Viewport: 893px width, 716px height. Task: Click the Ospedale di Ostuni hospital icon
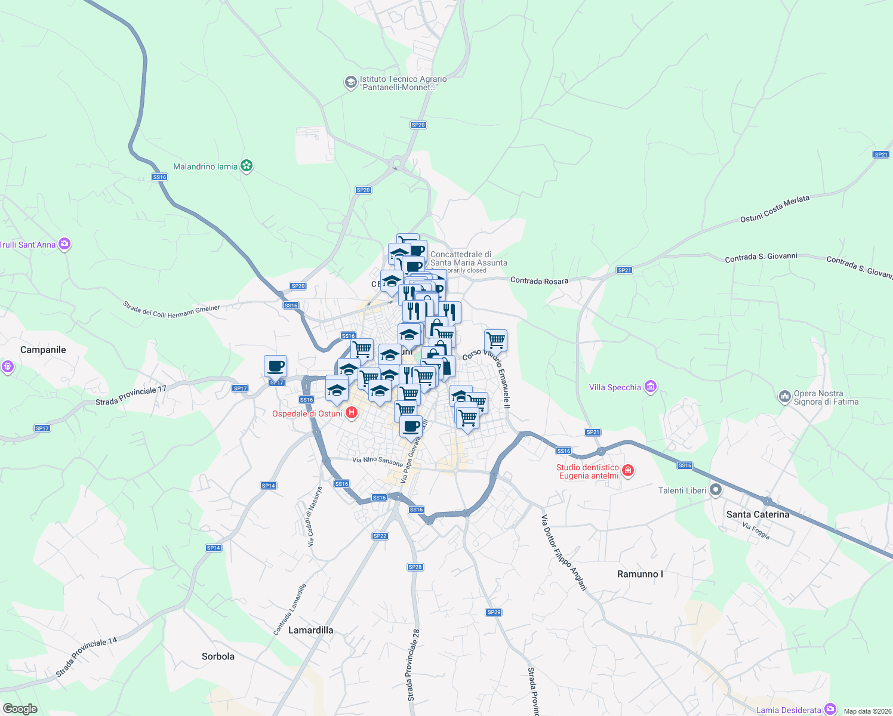352,412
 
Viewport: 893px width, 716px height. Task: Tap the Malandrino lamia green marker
247,166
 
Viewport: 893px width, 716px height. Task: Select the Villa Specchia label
615,387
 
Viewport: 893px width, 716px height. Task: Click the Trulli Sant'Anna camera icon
64,244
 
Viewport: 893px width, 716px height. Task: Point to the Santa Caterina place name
757,514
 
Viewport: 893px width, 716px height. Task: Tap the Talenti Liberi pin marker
715,490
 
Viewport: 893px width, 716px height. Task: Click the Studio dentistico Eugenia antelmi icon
627,471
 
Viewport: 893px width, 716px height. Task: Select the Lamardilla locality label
310,630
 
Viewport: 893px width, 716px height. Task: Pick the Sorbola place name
218,656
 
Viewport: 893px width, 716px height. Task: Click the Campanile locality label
43,350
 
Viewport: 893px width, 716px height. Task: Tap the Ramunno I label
640,574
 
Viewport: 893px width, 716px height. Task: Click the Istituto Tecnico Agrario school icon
351,82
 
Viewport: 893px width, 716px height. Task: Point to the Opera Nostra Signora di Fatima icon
784,397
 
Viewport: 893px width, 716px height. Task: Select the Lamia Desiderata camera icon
830,709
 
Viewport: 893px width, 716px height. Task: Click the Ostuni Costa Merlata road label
775,209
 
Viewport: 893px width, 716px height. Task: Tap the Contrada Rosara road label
539,280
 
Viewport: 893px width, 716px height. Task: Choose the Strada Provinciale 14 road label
87,657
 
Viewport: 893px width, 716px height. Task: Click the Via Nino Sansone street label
377,461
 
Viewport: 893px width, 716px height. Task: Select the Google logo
20,709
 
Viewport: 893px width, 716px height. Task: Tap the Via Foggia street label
756,530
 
